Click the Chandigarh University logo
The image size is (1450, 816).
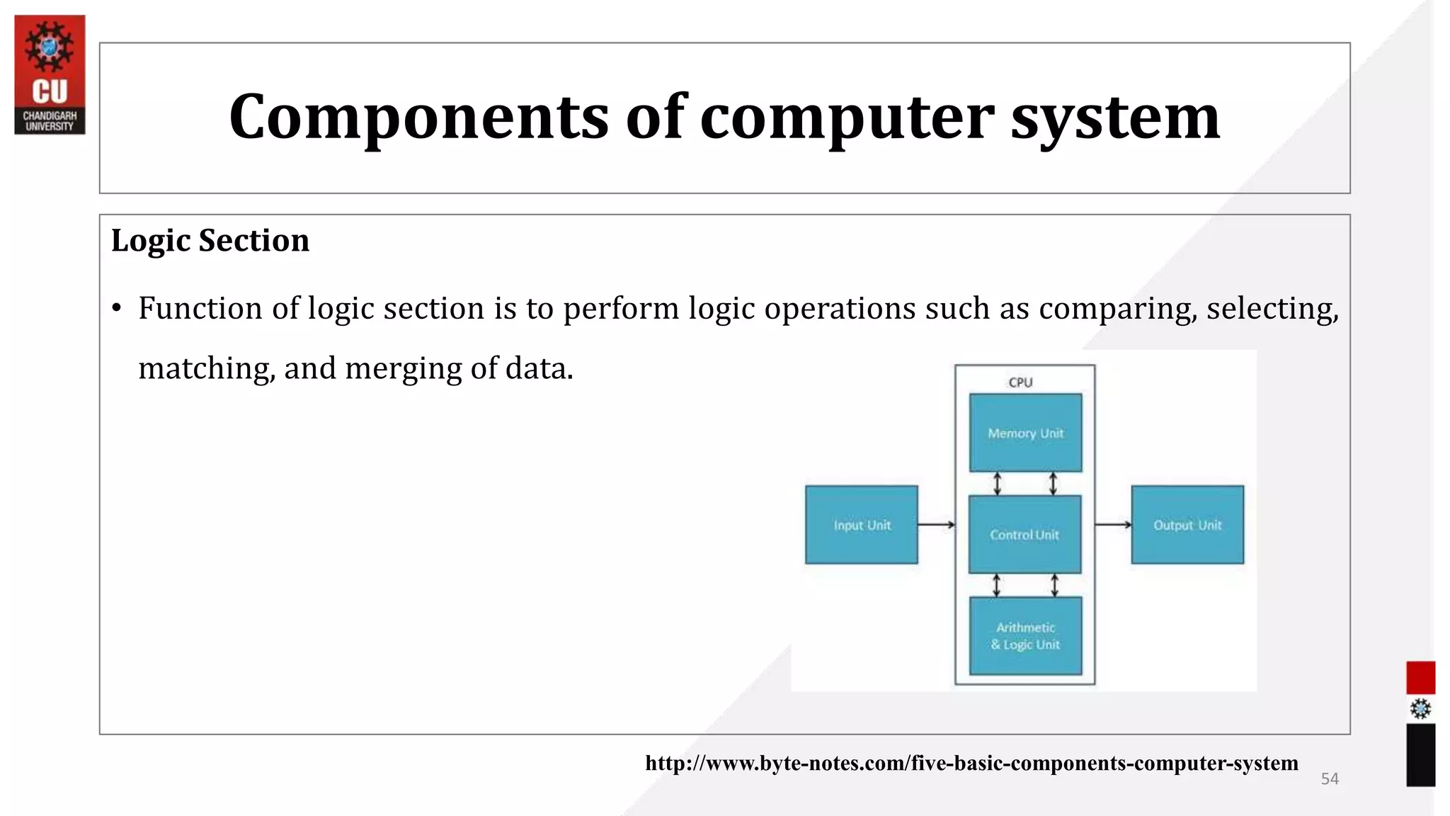(x=50, y=74)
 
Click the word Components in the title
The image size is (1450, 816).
(x=418, y=117)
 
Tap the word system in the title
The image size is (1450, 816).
(x=1115, y=117)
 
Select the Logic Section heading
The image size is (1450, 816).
(x=210, y=241)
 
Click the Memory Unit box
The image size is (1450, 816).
(x=1025, y=433)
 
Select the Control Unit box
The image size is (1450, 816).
(x=1024, y=535)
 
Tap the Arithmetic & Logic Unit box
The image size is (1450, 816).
(x=1025, y=636)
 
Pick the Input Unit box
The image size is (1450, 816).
(x=862, y=525)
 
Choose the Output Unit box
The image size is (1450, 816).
(x=1187, y=525)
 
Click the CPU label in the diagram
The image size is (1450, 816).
(x=1020, y=382)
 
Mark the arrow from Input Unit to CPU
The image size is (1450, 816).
(x=936, y=525)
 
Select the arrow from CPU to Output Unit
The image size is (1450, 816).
(x=1113, y=525)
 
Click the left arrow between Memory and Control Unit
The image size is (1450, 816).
(x=998, y=484)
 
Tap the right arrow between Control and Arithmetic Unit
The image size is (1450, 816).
(x=1054, y=586)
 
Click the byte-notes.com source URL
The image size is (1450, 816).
(x=971, y=764)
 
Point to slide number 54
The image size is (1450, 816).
(x=1330, y=779)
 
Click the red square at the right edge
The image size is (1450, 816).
(x=1420, y=678)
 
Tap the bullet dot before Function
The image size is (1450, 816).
(x=118, y=309)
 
